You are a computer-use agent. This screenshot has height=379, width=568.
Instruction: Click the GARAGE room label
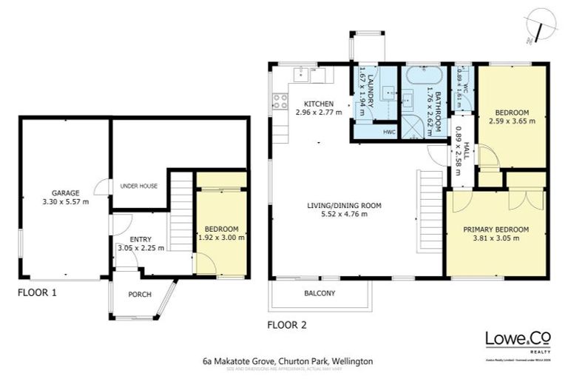click(65, 191)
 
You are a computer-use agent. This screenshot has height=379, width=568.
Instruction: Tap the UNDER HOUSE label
click(138, 186)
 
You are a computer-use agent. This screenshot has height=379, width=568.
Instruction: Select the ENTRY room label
click(141, 239)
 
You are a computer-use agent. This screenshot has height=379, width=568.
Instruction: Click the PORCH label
click(139, 295)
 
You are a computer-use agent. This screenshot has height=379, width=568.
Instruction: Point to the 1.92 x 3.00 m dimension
click(222, 238)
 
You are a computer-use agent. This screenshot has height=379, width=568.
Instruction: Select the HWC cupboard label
click(389, 133)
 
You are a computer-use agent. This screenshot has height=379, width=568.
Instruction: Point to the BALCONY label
click(319, 293)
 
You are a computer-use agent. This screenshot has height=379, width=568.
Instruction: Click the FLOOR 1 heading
click(36, 292)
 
